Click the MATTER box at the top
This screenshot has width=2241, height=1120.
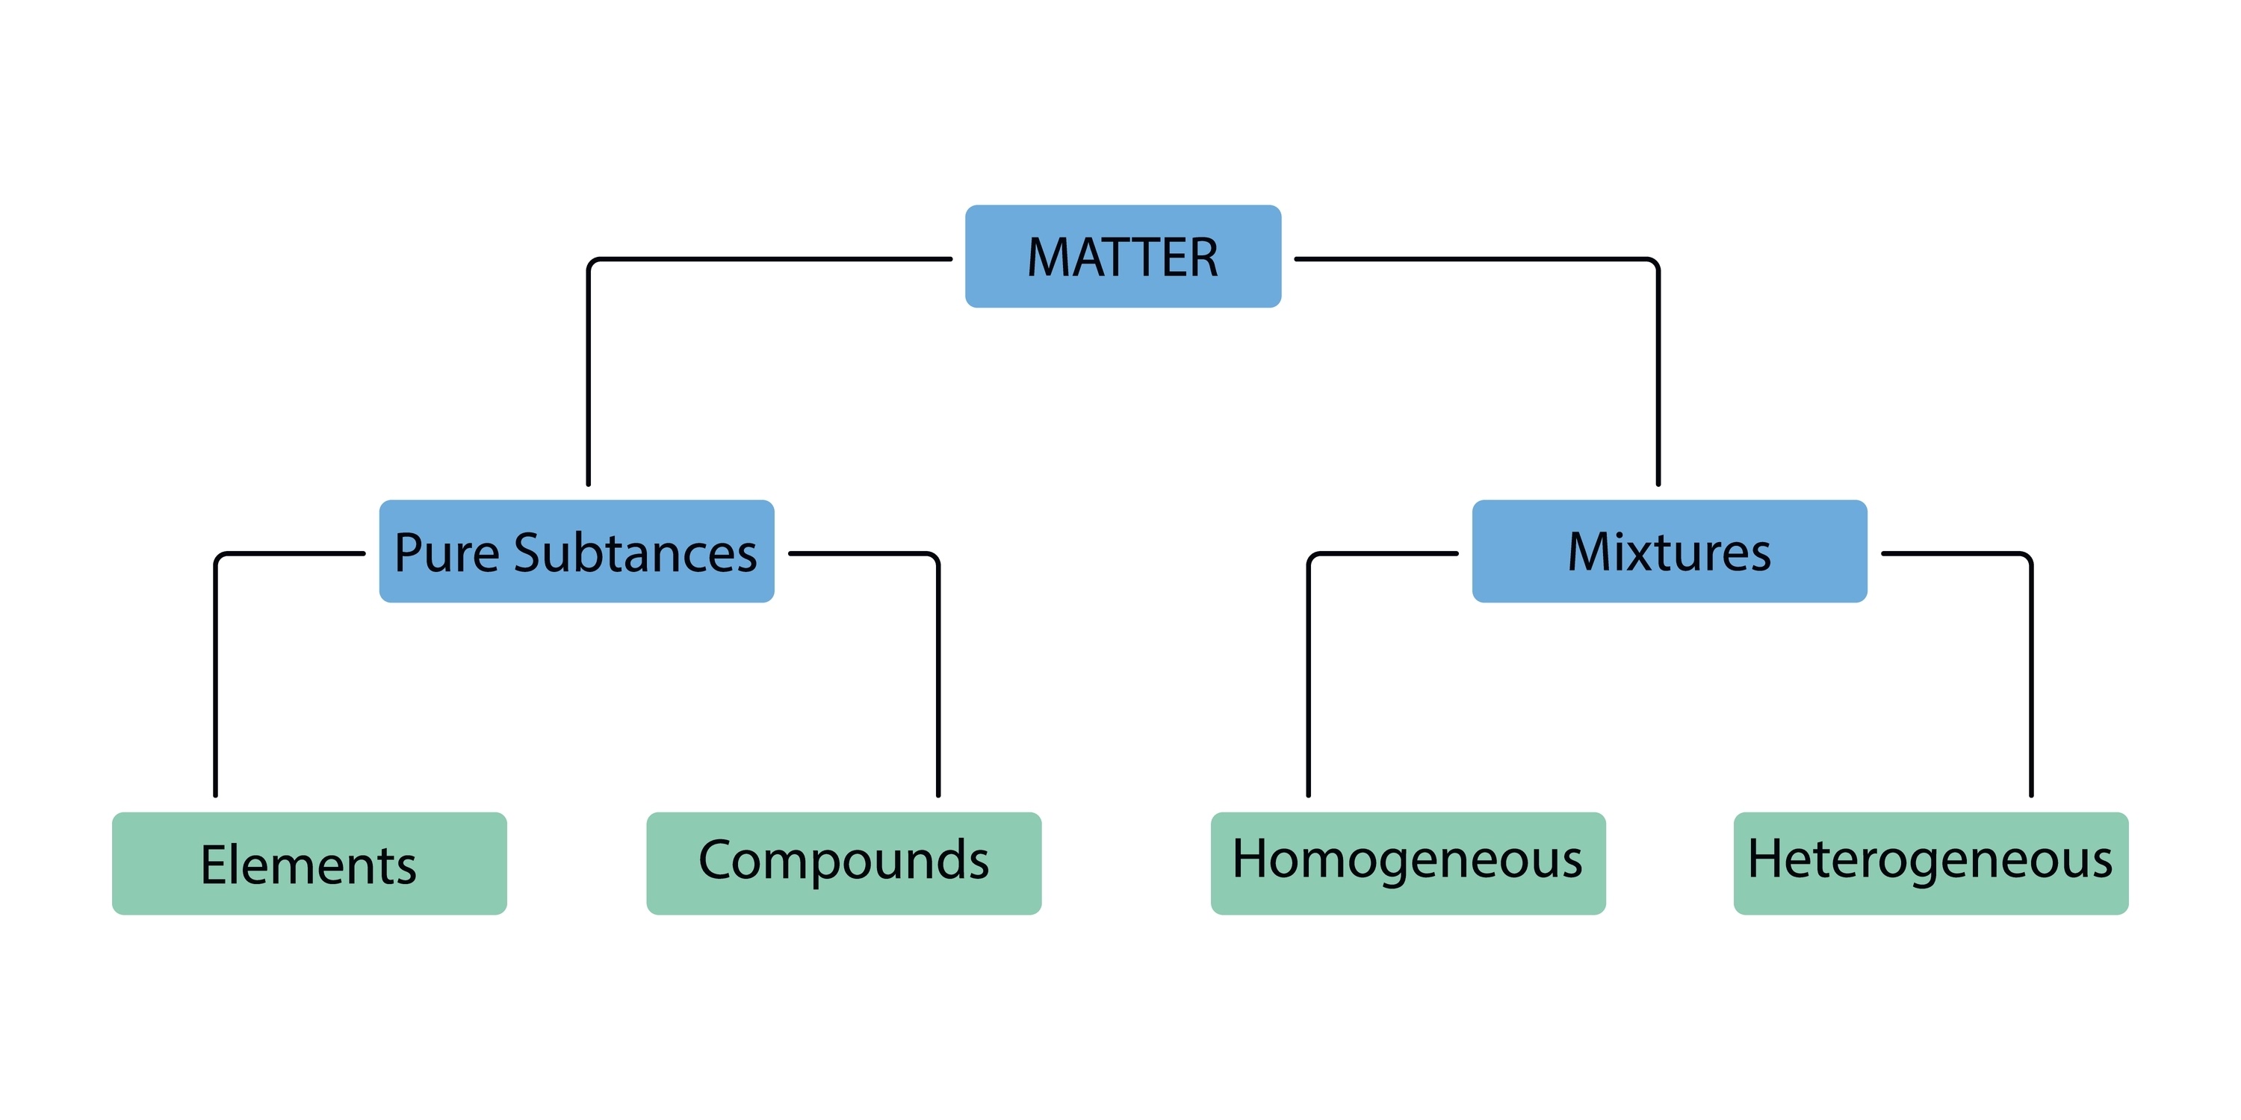point(1122,257)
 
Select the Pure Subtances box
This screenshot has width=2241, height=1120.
point(576,551)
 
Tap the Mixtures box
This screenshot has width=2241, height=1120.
point(1669,551)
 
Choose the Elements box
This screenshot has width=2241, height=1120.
point(309,863)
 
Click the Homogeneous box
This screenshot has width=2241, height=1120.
point(1407,863)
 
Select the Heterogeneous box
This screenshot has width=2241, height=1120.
point(1930,863)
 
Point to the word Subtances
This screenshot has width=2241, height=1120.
point(635,553)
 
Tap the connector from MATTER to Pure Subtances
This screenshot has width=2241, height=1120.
point(589,365)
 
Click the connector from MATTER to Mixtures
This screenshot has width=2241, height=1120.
point(1658,365)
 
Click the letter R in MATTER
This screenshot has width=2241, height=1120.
point(1200,258)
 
